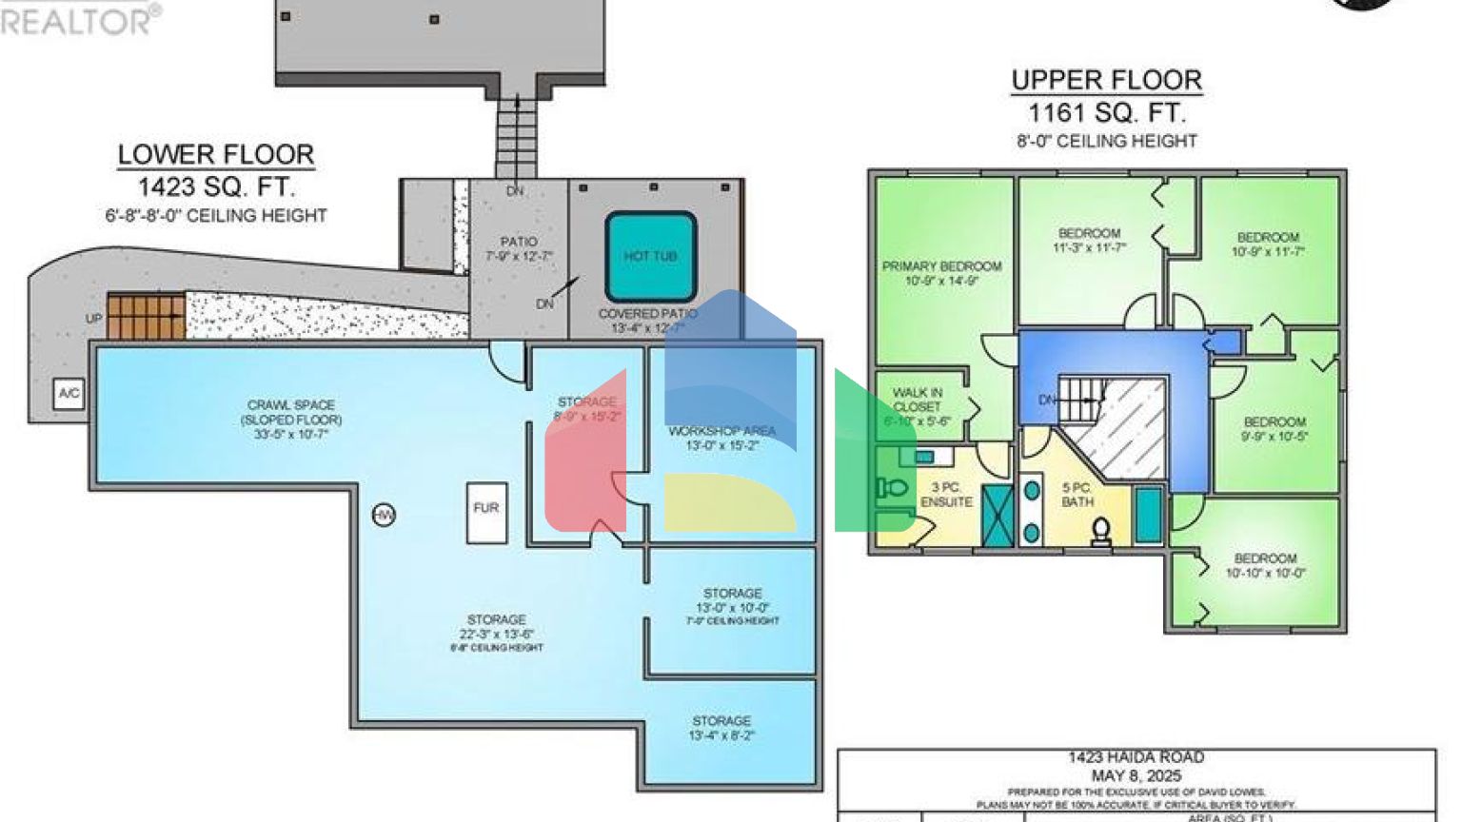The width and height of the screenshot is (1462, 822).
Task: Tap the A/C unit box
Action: click(x=69, y=393)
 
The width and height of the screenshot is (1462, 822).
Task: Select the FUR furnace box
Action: click(x=486, y=512)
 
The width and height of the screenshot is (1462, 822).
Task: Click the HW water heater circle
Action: click(x=384, y=515)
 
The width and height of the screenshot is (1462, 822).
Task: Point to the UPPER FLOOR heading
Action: click(x=1106, y=80)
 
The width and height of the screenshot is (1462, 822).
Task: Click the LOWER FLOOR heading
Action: click(x=216, y=154)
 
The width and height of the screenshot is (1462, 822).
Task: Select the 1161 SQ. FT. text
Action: click(x=1106, y=113)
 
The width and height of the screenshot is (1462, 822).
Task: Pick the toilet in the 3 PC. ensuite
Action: click(x=892, y=488)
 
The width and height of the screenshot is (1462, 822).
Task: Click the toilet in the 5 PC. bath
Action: click(x=1101, y=530)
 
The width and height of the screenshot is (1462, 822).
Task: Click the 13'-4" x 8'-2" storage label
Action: click(x=721, y=728)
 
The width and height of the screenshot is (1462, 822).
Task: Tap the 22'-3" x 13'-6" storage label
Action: click(x=496, y=627)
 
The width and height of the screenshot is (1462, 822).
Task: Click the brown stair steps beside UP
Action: click(x=146, y=317)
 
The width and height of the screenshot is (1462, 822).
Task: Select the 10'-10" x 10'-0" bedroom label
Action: click(x=1265, y=565)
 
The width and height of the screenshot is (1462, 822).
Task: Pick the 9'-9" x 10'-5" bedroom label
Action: click(x=1274, y=428)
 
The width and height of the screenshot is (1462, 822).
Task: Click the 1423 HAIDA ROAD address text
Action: click(x=1136, y=757)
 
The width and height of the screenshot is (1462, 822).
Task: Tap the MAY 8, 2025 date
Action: click(x=1136, y=775)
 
